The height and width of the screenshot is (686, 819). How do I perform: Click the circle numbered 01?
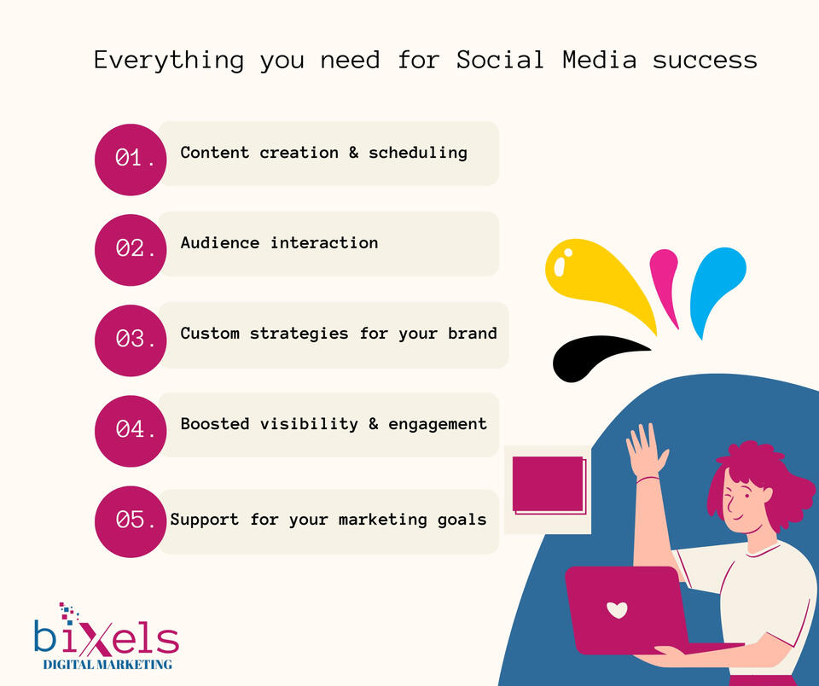pyautogui.click(x=131, y=160)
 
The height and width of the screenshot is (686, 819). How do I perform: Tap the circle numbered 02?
pyautogui.click(x=131, y=250)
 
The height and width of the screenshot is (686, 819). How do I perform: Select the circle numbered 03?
pyautogui.click(x=131, y=340)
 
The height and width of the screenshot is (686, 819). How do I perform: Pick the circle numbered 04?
pyautogui.click(x=131, y=431)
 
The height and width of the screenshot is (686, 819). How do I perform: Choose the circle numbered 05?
pyautogui.click(x=131, y=521)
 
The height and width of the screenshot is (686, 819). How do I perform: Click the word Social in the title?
pyautogui.click(x=500, y=60)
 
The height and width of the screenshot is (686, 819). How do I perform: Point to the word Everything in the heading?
pyautogui.click(x=169, y=61)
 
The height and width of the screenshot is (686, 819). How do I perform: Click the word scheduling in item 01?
pyautogui.click(x=418, y=153)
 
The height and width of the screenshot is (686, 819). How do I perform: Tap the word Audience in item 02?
pyautogui.click(x=220, y=242)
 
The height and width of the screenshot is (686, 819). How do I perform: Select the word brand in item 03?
pyautogui.click(x=472, y=333)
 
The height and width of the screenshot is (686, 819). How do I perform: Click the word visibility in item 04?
pyautogui.click(x=309, y=424)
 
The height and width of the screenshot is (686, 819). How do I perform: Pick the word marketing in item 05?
pyautogui.click(x=383, y=520)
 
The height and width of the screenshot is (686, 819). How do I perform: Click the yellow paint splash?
pyautogui.click(x=595, y=277)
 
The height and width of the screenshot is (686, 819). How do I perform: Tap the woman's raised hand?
pyautogui.click(x=646, y=450)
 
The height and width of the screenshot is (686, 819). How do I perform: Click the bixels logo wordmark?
pyautogui.click(x=107, y=637)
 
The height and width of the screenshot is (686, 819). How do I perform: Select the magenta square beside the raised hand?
pyautogui.click(x=549, y=485)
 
